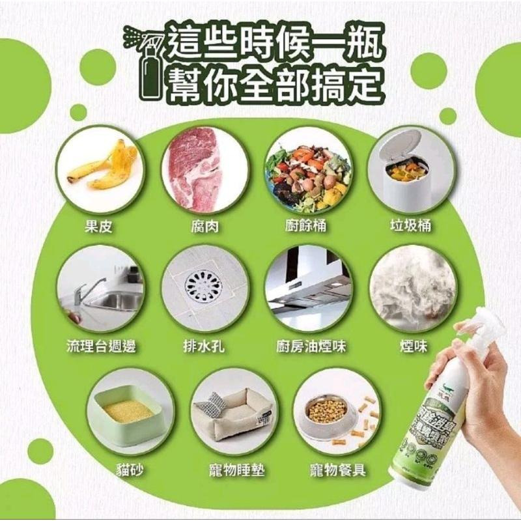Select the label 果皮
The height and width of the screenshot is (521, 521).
[100, 227]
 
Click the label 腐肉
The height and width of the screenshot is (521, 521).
[204, 227]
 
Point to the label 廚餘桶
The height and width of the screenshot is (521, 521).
[305, 227]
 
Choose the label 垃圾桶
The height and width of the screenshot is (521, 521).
[411, 227]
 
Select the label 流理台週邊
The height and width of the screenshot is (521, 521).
[102, 346]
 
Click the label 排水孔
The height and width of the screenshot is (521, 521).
[204, 346]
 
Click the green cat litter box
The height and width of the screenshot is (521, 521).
[123, 414]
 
